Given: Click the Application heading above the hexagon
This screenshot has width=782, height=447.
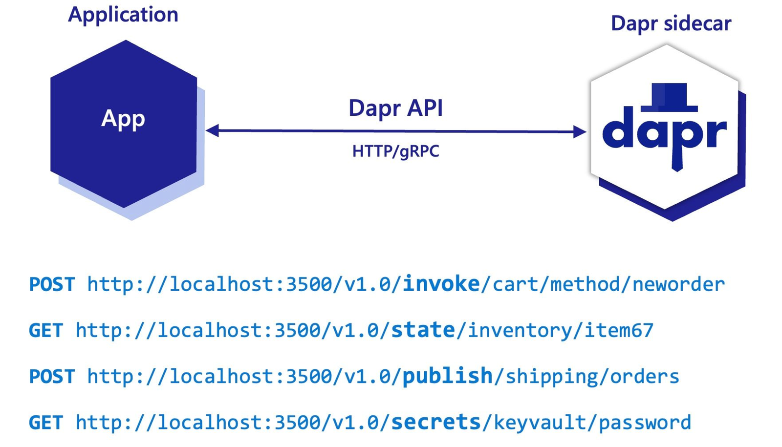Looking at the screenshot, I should click(x=123, y=15).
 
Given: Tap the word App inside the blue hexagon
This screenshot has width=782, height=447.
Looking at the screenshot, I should click(x=123, y=119).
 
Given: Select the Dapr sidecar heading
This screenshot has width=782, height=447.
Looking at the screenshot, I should click(x=671, y=23).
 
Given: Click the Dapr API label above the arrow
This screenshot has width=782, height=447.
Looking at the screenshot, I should click(x=395, y=108).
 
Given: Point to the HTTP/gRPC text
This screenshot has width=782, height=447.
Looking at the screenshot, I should click(x=395, y=151).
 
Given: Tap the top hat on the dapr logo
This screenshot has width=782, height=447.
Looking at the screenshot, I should click(x=669, y=97).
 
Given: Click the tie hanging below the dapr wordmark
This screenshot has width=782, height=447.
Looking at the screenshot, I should click(x=677, y=159).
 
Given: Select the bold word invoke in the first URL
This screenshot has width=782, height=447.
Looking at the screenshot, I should click(x=441, y=284).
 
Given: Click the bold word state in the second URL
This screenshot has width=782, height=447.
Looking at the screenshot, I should click(x=423, y=330).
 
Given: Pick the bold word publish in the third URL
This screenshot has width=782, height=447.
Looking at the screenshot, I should click(x=447, y=376).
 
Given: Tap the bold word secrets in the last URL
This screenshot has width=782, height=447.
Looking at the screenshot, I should click(x=436, y=422).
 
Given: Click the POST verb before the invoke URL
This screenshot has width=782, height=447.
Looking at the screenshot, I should click(x=52, y=284).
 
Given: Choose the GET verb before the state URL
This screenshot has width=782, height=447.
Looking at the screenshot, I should click(x=46, y=331).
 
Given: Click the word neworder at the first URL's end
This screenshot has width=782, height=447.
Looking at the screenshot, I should click(x=678, y=284).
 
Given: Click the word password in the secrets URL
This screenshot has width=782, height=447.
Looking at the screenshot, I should click(x=645, y=423).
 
